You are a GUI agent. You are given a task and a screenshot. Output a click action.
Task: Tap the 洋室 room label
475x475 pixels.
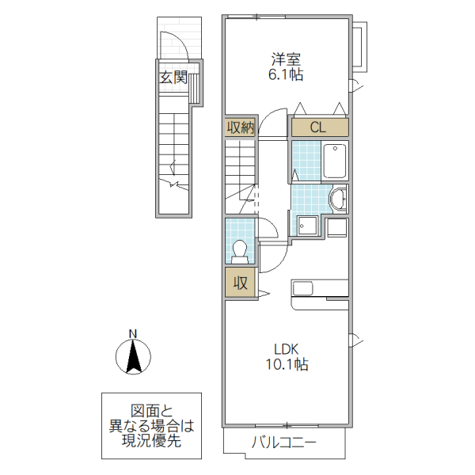tap(286, 59)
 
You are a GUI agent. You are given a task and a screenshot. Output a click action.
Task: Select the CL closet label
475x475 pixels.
tap(318, 127)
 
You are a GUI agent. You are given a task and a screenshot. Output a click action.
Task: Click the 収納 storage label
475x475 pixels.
tap(240, 127)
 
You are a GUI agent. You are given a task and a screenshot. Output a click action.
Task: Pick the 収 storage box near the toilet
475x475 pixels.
tap(240, 282)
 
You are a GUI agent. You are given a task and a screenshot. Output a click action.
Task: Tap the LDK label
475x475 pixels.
tap(286, 349)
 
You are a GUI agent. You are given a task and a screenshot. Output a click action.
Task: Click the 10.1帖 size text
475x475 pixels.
tap(286, 365)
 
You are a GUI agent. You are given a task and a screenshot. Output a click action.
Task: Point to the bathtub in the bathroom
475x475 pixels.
tap(335, 161)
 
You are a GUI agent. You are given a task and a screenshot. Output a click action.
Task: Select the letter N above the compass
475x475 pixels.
tap(134, 332)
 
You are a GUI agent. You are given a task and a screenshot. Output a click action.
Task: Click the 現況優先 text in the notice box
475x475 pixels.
tap(151, 440)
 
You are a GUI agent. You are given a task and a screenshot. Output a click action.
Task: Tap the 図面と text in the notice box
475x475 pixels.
tap(151, 411)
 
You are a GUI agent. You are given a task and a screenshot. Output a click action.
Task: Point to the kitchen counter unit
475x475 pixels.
tap(320, 288)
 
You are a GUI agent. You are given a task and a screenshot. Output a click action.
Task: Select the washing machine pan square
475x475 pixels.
tap(307, 226)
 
